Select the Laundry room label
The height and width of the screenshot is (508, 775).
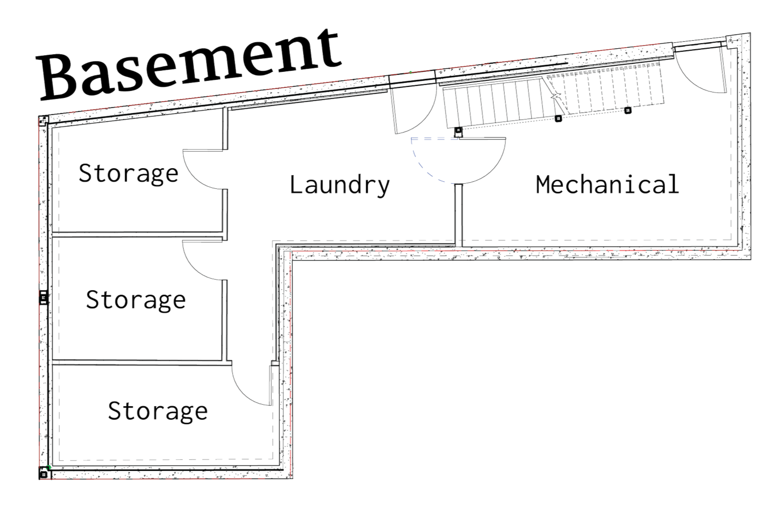340,185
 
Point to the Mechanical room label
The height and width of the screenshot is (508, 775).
607,184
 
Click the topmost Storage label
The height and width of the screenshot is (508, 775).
129,174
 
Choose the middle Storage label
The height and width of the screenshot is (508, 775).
136,300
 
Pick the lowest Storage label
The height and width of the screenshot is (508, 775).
158,412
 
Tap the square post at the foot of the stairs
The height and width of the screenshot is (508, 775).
458,130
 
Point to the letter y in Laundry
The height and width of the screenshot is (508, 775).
383,188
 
